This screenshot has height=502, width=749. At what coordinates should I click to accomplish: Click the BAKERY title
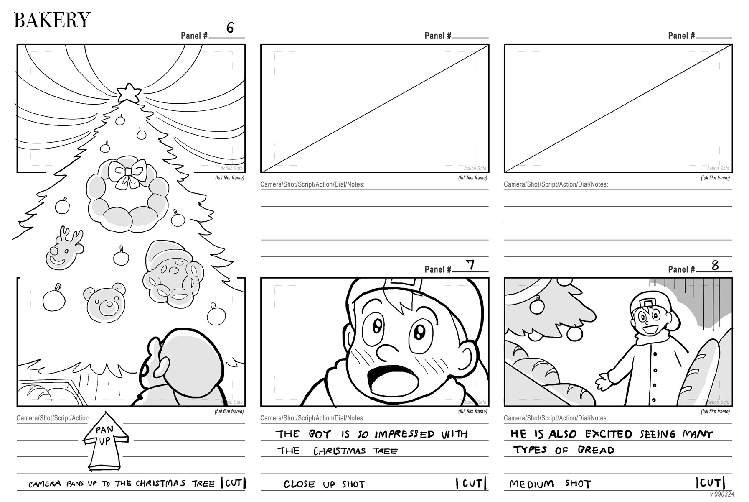click(x=52, y=20)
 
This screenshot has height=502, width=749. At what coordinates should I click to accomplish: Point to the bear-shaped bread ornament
click(x=106, y=302)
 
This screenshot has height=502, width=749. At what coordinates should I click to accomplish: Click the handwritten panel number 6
click(x=230, y=28)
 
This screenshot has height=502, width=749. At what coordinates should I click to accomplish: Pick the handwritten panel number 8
click(x=715, y=265)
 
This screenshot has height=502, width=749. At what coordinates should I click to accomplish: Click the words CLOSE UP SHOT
click(x=324, y=484)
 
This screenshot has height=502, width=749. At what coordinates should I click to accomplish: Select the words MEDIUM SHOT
click(x=550, y=484)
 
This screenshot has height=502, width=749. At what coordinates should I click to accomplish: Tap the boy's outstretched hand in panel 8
click(x=602, y=380)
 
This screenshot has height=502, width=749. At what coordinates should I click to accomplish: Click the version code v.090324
click(x=722, y=494)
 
